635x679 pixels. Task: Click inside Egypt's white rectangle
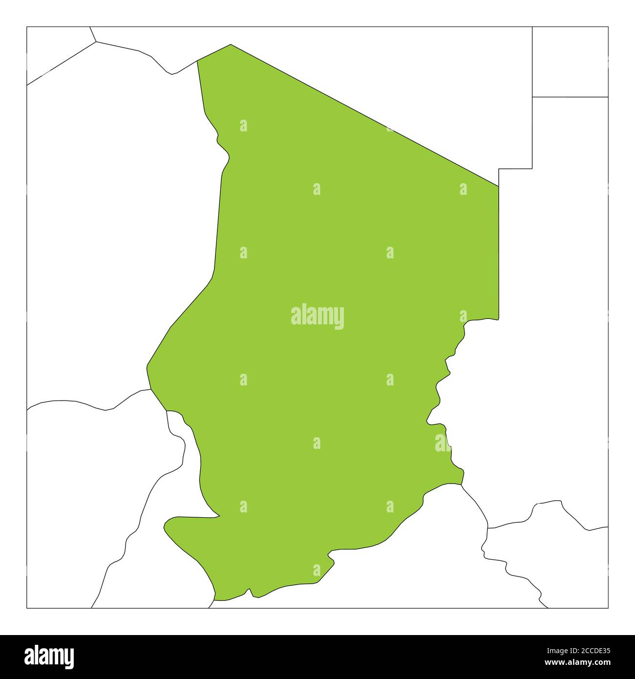click(x=570, y=62)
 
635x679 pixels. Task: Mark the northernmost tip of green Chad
click(x=231, y=44)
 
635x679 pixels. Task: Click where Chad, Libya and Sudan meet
click(x=498, y=186)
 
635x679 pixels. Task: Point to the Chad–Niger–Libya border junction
click(x=197, y=61)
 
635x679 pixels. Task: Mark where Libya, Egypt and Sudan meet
click(x=532, y=97)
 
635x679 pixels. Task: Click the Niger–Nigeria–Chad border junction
click(x=150, y=389)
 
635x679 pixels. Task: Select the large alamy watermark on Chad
click(x=317, y=317)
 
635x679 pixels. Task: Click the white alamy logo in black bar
click(x=50, y=656)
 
